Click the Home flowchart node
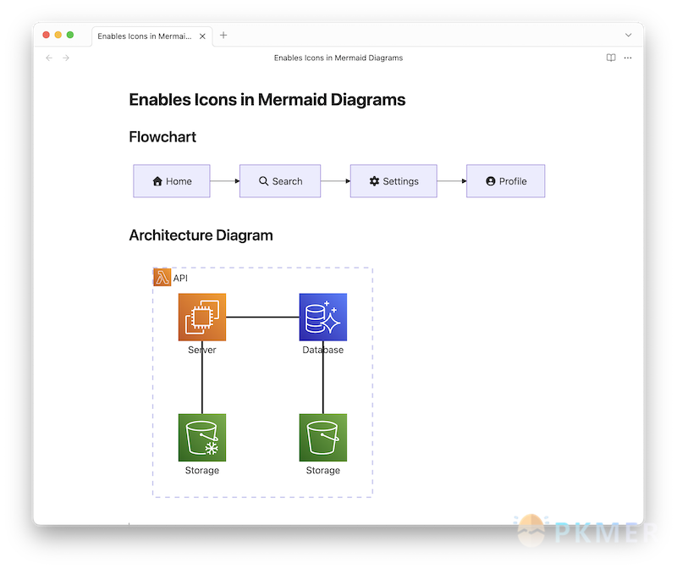click(172, 181)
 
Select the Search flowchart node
click(280, 181)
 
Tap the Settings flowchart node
click(394, 181)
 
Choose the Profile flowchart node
click(506, 181)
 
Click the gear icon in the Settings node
click(375, 181)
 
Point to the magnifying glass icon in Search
click(264, 181)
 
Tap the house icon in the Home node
click(157, 181)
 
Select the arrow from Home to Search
click(224, 181)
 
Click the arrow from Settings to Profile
click(452, 181)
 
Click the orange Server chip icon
click(202, 318)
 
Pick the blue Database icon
click(323, 318)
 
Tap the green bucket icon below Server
click(202, 438)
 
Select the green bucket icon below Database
click(323, 438)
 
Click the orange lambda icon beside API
click(162, 278)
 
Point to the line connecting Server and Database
click(262, 318)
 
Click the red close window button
click(46, 35)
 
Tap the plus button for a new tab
click(223, 35)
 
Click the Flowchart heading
click(162, 137)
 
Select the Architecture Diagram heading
click(201, 235)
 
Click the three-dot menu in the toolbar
click(628, 58)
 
